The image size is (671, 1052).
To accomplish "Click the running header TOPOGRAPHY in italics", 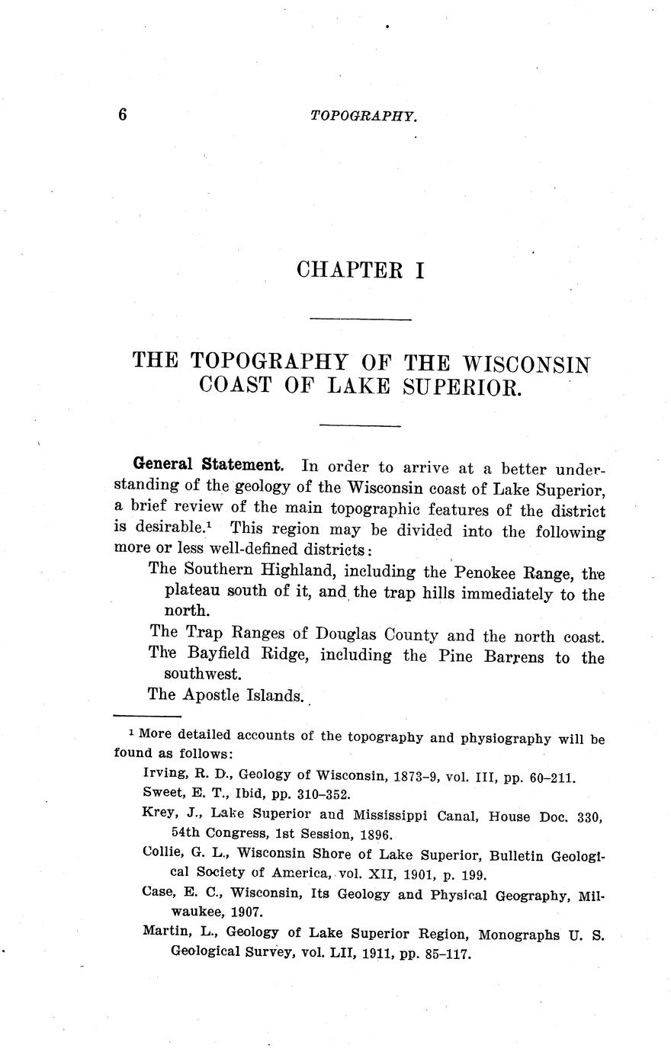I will (x=364, y=116).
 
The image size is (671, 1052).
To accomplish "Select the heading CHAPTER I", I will (x=360, y=270).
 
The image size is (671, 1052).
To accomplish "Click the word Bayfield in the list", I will (x=215, y=655).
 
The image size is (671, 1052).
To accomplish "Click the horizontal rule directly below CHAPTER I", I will (x=361, y=319).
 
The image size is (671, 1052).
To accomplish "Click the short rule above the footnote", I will (x=146, y=716).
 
